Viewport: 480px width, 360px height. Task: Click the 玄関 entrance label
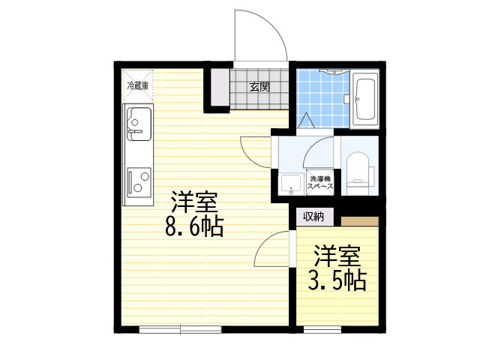click(259, 87)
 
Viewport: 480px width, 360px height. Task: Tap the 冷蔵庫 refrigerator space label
click(138, 86)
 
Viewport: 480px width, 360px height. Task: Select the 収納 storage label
click(313, 217)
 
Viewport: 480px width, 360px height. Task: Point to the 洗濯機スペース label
click(320, 183)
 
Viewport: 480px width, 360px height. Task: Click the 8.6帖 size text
click(194, 226)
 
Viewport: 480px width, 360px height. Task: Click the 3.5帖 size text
click(337, 280)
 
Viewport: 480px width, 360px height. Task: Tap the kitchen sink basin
click(139, 124)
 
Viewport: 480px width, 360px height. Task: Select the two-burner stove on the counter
click(139, 182)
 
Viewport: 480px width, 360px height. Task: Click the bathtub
click(364, 100)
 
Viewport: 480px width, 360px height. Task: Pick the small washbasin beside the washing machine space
click(292, 185)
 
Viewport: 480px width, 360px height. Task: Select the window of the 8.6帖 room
click(180, 329)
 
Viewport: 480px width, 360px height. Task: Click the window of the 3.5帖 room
click(322, 329)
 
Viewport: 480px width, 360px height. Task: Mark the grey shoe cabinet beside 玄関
click(220, 88)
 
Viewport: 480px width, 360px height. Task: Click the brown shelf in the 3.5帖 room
click(360, 221)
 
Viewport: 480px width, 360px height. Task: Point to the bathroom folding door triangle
click(306, 121)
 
